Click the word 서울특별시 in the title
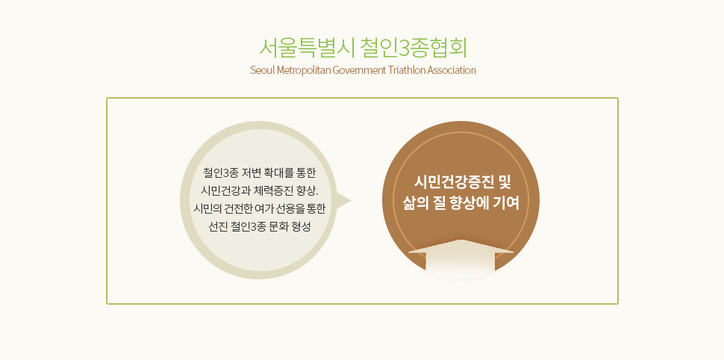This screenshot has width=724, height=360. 306,48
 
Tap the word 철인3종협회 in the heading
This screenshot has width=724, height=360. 414,48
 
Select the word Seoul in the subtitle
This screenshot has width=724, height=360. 260,70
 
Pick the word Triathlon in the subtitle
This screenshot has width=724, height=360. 407,70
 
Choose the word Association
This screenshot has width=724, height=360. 452,70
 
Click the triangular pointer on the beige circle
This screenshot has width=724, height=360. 343,201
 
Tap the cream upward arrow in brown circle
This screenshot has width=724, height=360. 461,258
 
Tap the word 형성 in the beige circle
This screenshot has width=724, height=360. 301,227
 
